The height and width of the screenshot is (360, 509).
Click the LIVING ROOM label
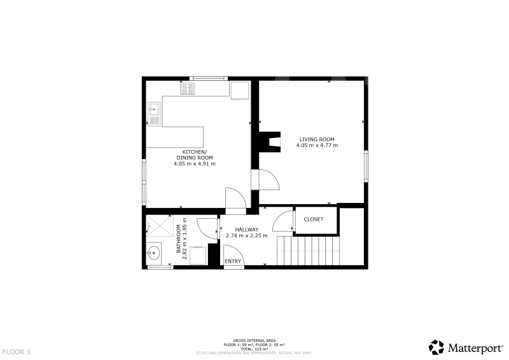pos(317,139)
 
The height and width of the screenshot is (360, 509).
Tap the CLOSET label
pos(314,219)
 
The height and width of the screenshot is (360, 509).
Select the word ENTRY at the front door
pos(233,261)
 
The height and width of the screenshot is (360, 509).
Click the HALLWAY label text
pos(247,230)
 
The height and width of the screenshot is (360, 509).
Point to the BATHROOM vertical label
pos(179,239)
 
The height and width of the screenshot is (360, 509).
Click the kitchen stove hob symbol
pos(188,89)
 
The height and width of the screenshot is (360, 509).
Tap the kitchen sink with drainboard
pos(154,114)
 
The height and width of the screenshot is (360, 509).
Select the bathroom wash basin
pos(153,253)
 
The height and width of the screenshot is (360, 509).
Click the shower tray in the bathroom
pos(160,226)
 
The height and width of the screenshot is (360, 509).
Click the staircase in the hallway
pos(308,251)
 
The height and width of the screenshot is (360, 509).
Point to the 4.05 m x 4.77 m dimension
pos(317,146)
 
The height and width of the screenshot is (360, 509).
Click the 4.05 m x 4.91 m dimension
pos(195,164)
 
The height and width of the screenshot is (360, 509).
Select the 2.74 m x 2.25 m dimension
pos(247,236)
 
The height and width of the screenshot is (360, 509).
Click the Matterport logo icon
pos(436,347)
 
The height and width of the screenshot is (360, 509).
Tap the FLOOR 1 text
pos(17,352)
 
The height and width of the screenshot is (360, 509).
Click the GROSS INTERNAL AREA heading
pos(254,341)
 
